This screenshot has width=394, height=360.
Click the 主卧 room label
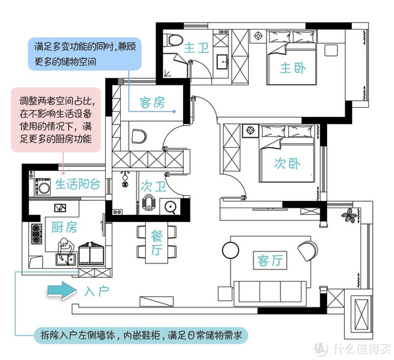click(294, 68)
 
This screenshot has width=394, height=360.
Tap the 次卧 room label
click(287, 164)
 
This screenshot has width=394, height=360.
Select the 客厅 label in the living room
click(270, 260)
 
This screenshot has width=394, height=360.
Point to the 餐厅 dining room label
click(156, 243)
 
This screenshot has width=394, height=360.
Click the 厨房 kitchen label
click(64, 227)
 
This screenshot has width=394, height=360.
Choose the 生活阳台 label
click(77, 184)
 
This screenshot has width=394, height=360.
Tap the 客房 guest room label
click(152, 102)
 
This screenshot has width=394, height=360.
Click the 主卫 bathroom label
click(196, 48)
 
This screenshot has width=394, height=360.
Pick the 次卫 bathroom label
click(153, 187)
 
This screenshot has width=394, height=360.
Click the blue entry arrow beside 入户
click(62, 290)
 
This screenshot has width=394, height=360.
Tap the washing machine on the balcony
click(43, 187)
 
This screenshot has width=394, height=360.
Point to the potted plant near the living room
click(349, 215)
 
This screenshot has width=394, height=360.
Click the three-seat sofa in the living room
click(270, 294)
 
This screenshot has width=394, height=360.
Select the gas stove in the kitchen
click(36, 234)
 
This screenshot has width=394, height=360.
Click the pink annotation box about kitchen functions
click(56, 120)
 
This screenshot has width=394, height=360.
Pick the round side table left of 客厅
click(230, 250)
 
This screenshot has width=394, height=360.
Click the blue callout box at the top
click(85, 54)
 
